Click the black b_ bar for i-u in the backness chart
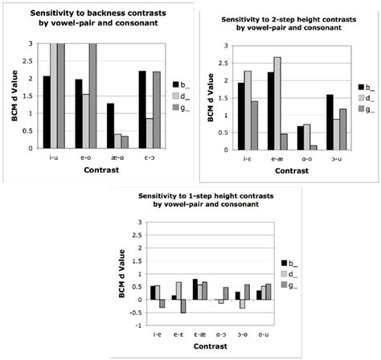pyautogui.click(x=47, y=112)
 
